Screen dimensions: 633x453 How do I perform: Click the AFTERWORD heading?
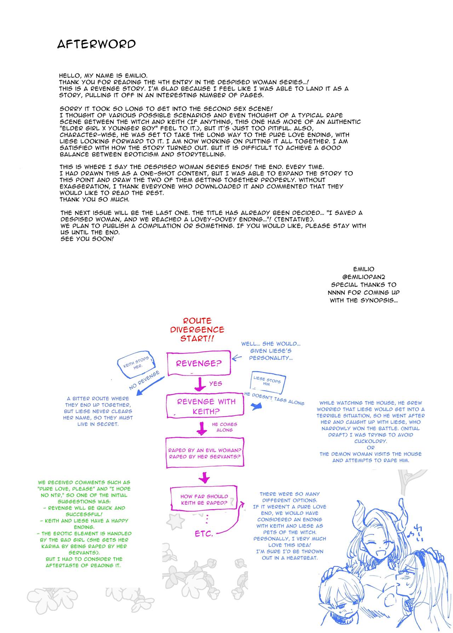(x=96, y=44)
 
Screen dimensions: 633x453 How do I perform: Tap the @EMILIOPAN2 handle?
(x=364, y=277)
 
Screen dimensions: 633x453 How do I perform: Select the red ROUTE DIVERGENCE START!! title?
(x=197, y=330)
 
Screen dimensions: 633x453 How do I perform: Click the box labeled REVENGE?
(x=199, y=363)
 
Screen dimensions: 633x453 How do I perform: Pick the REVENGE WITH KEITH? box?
(x=206, y=406)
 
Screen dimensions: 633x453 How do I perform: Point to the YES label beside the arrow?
(x=216, y=383)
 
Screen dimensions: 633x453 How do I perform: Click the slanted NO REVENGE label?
(x=144, y=380)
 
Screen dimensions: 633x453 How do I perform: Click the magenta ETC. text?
(x=203, y=534)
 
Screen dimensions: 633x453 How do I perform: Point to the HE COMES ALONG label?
(x=224, y=427)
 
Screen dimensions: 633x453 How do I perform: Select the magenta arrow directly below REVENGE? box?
(x=200, y=384)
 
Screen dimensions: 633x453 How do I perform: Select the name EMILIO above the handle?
(x=364, y=269)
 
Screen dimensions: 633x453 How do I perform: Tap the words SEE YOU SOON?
(x=87, y=239)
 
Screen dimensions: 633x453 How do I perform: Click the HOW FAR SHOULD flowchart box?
(x=204, y=499)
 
